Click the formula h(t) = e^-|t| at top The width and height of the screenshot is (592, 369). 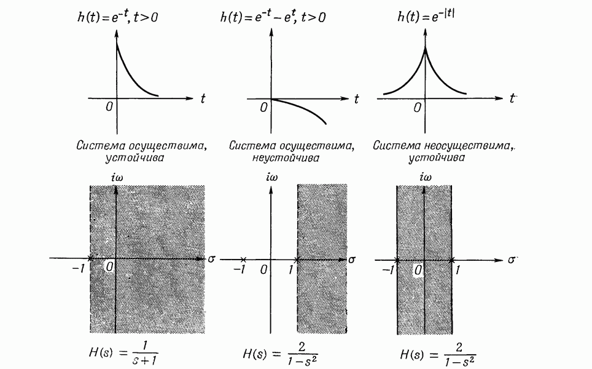(x=429, y=17)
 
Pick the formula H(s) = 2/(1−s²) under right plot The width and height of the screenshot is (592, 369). (x=438, y=355)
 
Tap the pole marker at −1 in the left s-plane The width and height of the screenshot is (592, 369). (x=90, y=259)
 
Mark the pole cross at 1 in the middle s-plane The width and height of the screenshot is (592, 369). (x=297, y=260)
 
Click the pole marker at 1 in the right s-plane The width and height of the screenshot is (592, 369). (x=453, y=259)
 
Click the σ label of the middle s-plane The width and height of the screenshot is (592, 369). (x=352, y=260)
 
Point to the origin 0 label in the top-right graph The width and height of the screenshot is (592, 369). (x=418, y=108)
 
